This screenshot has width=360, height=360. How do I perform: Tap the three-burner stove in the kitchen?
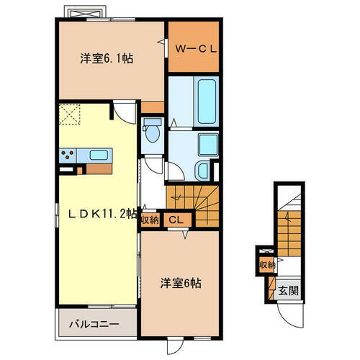pyautogui.click(x=70, y=153)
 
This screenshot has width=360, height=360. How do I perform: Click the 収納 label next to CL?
pyautogui.click(x=150, y=220)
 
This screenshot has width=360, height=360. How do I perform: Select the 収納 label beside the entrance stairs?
pyautogui.click(x=266, y=264)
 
